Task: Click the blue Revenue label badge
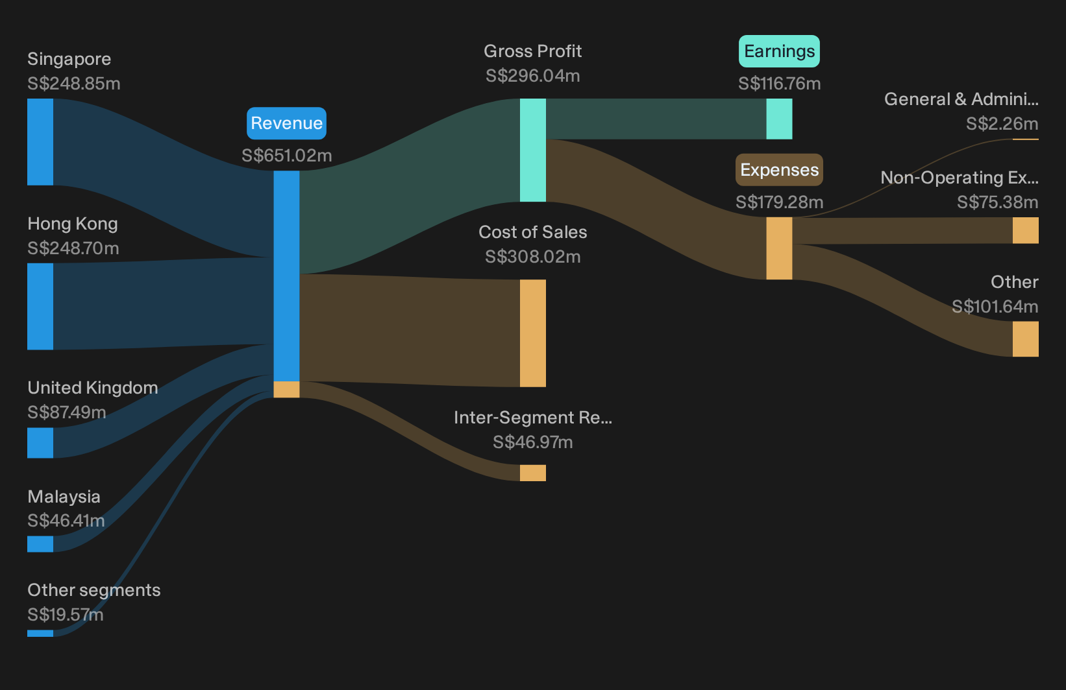coord(286,123)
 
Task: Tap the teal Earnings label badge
coord(779,51)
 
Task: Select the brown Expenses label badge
coord(779,170)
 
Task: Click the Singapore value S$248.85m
coord(74,84)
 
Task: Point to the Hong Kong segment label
coord(73,224)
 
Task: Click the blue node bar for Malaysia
coord(40,544)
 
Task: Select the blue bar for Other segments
coord(40,634)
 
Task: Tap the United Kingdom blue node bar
coord(40,443)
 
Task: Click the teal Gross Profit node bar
coord(532,150)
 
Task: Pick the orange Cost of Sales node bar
coord(532,333)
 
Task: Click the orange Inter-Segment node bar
coord(532,473)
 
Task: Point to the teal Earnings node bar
coord(779,119)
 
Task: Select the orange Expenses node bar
coord(779,248)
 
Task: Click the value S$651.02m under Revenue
coord(286,156)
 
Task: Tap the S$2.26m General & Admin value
coord(1002,124)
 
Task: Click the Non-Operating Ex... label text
coord(960,178)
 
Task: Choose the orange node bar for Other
coord(1026,339)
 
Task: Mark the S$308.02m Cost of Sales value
coord(532,257)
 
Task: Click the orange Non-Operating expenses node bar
coord(1026,231)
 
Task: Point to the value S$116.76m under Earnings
coord(779,84)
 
